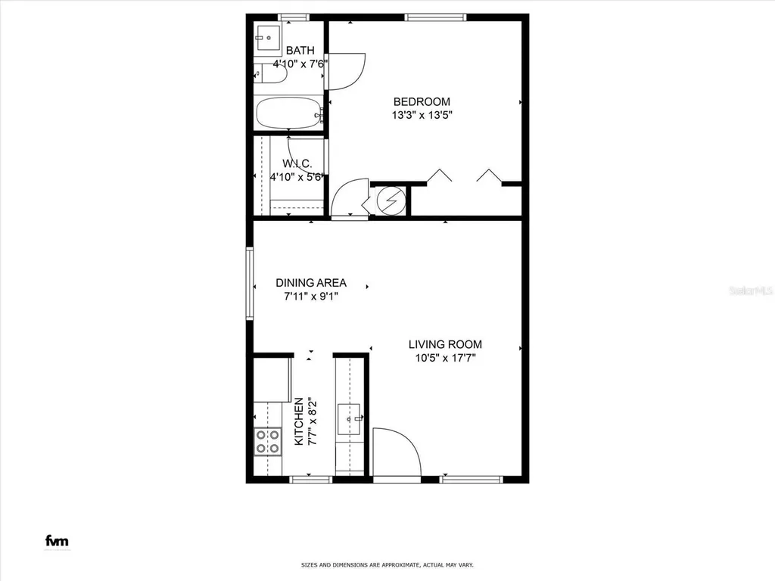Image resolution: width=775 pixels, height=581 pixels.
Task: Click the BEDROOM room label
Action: click(422, 101)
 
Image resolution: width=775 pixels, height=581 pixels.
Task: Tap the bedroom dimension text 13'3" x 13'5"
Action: click(422, 116)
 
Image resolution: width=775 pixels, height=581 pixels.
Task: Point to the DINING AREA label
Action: click(310, 283)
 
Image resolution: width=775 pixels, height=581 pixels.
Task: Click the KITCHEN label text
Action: click(299, 421)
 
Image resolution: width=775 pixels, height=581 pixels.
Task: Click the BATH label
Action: click(300, 51)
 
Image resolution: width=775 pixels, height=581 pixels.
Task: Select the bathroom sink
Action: click(267, 36)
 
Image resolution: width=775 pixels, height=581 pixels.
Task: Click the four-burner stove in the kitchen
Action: click(266, 441)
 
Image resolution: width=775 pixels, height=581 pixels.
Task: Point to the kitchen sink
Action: click(349, 418)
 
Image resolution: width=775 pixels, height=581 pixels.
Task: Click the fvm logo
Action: click(57, 541)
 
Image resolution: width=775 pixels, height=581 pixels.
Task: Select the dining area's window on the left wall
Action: click(249, 284)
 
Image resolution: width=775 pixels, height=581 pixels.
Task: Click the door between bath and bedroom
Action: click(347, 69)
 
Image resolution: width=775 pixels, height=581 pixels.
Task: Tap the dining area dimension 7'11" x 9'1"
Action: click(310, 297)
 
